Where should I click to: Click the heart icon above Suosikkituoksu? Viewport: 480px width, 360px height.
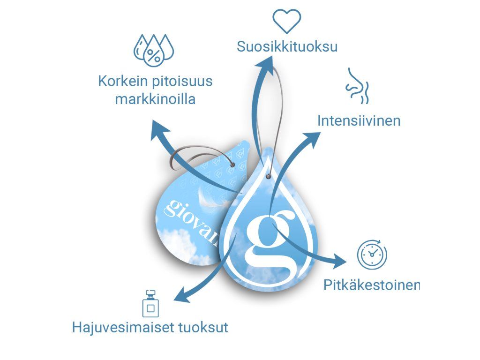click(287, 22)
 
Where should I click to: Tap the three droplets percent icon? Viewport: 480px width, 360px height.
click(153, 49)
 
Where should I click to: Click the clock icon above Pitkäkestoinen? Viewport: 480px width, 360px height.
click(372, 255)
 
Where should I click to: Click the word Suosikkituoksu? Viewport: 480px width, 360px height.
click(287, 47)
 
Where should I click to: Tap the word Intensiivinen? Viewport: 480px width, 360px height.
click(359, 120)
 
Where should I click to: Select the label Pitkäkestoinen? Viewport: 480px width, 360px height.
click(372, 285)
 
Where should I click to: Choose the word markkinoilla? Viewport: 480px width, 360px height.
click(155, 99)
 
